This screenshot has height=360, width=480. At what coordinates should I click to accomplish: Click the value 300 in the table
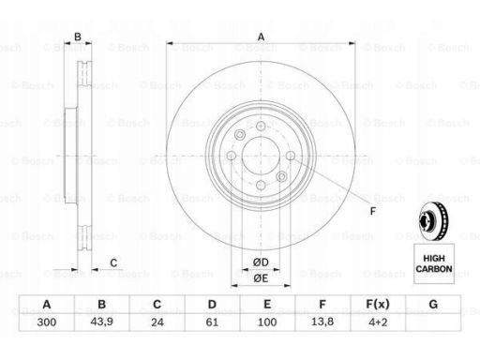47,322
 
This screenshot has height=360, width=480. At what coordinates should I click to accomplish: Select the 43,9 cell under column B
101,322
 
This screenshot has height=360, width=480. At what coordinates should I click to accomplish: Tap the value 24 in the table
157,322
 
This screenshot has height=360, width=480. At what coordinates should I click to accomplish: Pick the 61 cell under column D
212,322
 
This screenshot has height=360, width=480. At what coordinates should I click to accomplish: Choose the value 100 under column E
267,322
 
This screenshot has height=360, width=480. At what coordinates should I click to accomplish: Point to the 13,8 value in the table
322,322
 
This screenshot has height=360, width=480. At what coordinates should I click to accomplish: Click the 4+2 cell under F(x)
378,322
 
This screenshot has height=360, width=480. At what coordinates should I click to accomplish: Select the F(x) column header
378,304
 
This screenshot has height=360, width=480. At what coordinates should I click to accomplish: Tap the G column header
433,304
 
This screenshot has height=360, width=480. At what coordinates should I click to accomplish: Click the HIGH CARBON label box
434,263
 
